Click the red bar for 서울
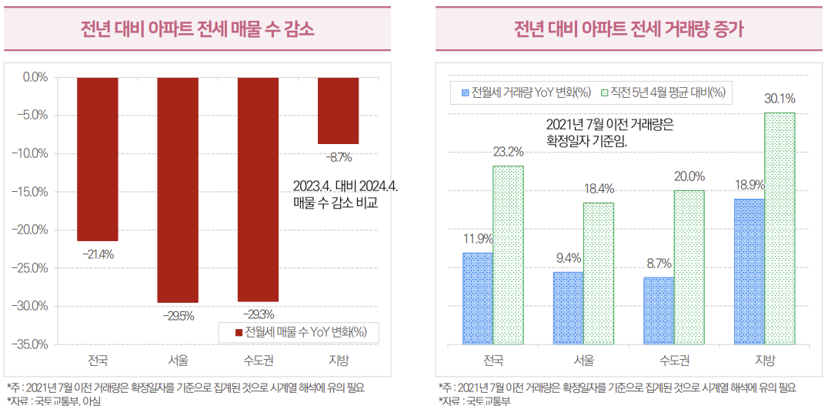(x=178, y=190)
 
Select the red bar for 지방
(x=338, y=110)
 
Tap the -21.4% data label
(x=98, y=253)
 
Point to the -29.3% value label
(x=258, y=314)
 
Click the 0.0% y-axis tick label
(x=35, y=77)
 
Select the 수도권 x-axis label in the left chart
(x=258, y=361)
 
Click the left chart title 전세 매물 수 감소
(x=198, y=29)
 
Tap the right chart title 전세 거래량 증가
(x=629, y=29)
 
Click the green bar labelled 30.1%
(x=779, y=228)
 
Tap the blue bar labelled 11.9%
(x=477, y=298)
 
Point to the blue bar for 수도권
(x=659, y=310)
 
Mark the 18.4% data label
(x=598, y=189)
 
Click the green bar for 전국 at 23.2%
(x=508, y=255)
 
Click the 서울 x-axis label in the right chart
(x=583, y=361)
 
